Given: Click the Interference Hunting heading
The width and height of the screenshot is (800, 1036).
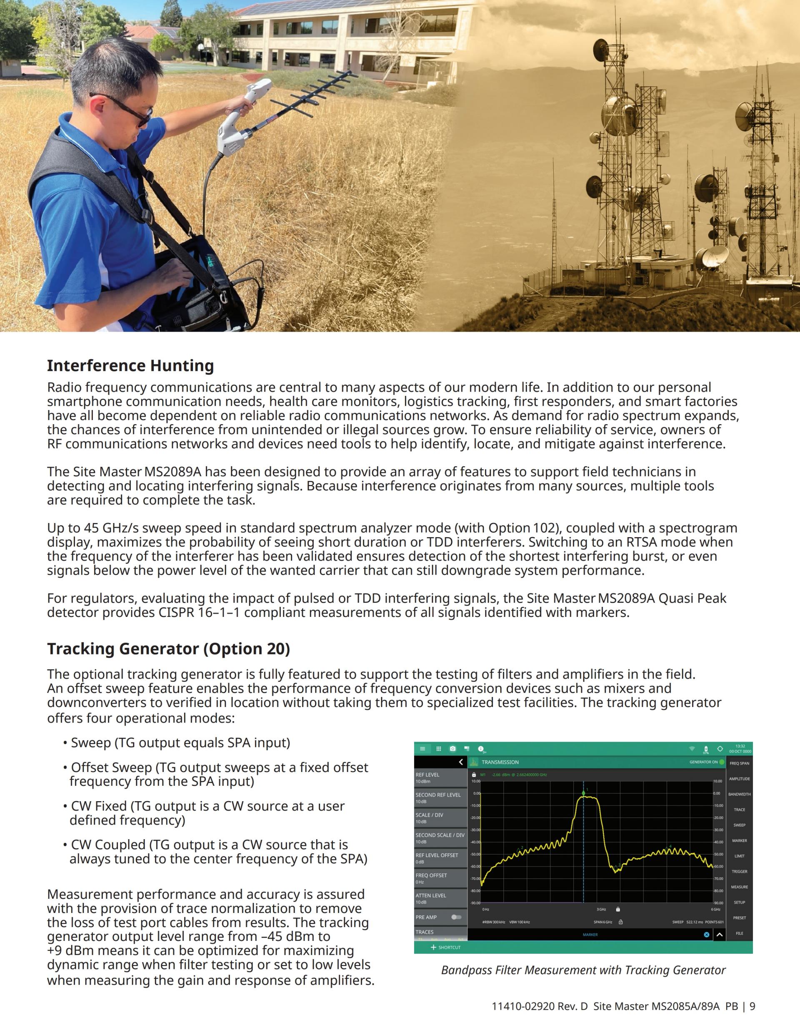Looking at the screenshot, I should [130, 366].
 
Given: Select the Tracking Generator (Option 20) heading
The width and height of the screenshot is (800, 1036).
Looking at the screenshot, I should [168, 649].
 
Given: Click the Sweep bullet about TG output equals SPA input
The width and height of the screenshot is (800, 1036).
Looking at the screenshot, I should [180, 742].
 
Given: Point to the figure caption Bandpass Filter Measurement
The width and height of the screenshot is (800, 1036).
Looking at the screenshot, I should [583, 970].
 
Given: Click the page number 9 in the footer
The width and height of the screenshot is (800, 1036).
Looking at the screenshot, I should [752, 1006].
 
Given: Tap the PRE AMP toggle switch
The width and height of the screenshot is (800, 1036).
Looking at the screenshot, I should [456, 917].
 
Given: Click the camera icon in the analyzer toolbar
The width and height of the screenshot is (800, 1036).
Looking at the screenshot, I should [452, 749].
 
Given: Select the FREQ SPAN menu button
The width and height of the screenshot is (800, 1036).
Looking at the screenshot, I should [739, 763].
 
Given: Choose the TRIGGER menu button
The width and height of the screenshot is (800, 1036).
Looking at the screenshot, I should [739, 871].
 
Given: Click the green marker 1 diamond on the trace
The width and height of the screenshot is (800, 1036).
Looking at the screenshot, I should [583, 793].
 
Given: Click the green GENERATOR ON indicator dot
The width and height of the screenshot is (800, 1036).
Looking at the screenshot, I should [722, 762].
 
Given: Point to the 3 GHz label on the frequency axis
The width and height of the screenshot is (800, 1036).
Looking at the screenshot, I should [601, 909].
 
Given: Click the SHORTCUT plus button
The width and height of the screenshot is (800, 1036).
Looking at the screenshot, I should [433, 947].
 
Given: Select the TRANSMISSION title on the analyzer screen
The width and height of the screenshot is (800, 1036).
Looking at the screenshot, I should [500, 762].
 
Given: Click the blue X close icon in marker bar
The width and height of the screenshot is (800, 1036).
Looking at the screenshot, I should [706, 935].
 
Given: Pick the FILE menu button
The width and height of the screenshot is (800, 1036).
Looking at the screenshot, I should [739, 933].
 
